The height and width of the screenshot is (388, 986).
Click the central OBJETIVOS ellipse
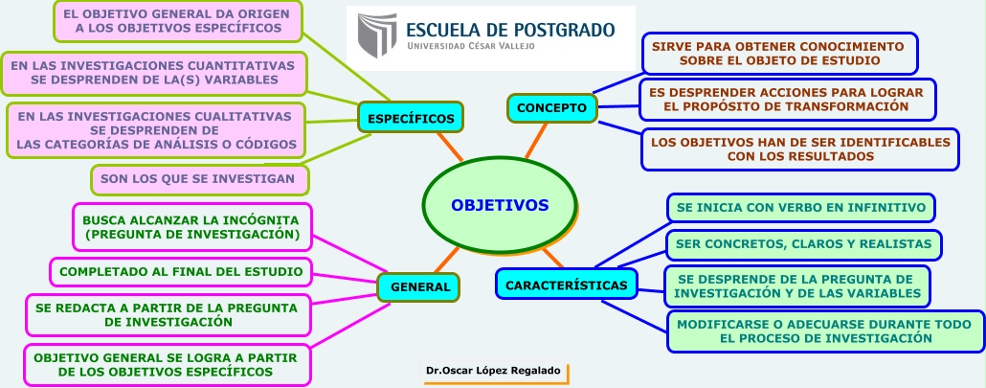(499, 205)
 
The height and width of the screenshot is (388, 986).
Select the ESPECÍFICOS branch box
(411, 118)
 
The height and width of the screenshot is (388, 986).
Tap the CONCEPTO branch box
(551, 107)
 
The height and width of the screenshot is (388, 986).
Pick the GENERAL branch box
(419, 286)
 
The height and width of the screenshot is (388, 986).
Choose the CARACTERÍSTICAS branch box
(567, 285)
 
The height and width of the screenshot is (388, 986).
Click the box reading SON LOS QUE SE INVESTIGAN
(198, 179)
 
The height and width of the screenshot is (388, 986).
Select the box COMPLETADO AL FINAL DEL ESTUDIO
(181, 272)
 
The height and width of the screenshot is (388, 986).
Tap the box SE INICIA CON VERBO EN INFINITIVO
(800, 207)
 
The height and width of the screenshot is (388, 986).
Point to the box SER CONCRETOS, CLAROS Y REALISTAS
(803, 244)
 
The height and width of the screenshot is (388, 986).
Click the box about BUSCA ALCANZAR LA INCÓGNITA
(191, 226)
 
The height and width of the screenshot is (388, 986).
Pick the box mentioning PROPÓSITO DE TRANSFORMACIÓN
(786, 99)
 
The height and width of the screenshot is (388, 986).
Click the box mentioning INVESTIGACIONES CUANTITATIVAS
(154, 73)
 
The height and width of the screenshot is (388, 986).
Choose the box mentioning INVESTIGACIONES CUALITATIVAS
(154, 130)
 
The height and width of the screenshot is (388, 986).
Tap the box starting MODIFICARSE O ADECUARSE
(824, 331)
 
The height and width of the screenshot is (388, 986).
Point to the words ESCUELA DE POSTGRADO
(510, 29)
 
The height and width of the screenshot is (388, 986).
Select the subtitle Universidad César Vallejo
(471, 46)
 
